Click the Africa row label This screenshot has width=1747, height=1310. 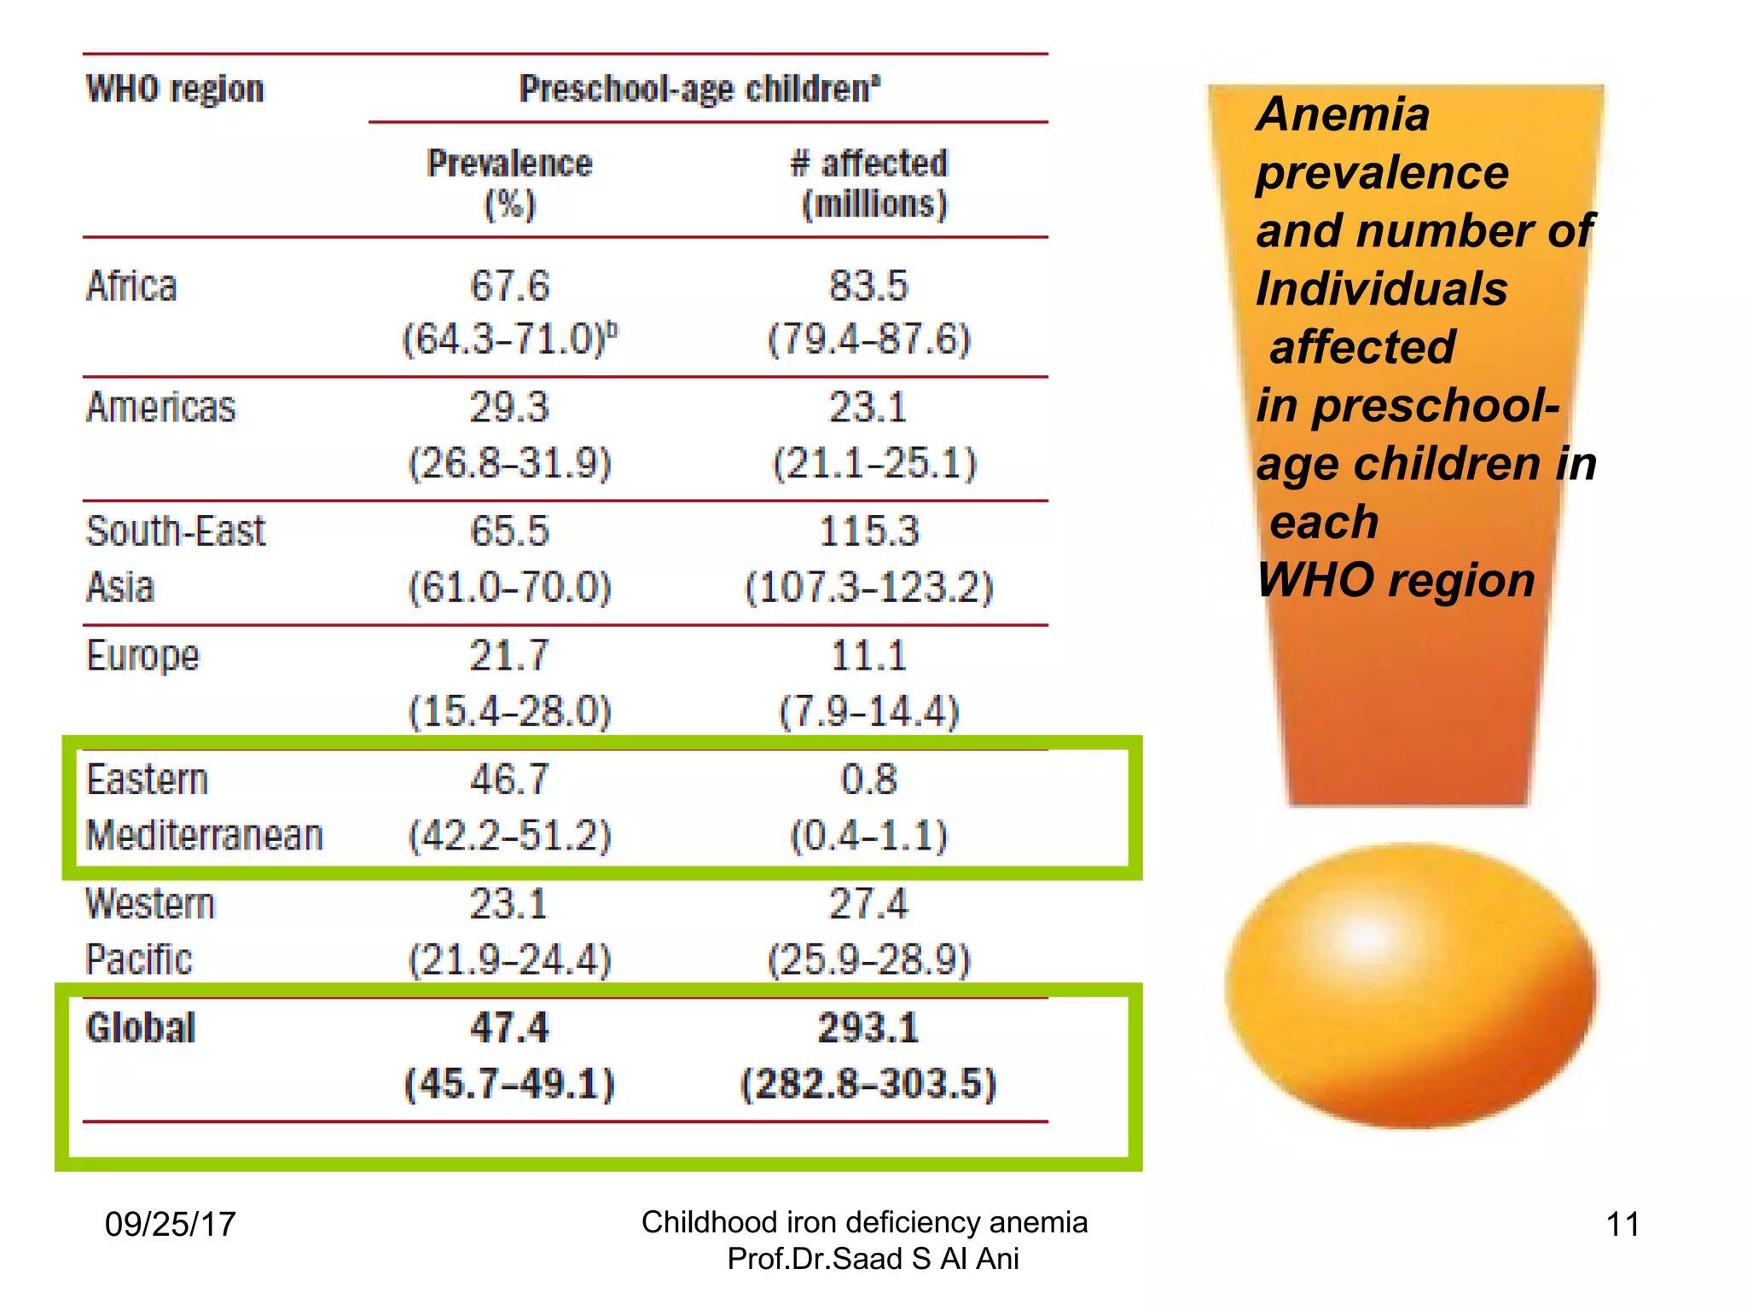coord(131,287)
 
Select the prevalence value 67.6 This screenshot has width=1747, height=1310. coord(509,287)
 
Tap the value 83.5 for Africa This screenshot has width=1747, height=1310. coord(868,287)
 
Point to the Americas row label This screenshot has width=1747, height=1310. coord(160,408)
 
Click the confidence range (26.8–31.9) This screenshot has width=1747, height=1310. coord(509,463)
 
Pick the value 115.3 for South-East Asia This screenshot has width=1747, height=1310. coord(868,531)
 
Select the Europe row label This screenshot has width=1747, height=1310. coord(142,656)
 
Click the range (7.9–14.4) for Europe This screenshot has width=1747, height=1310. coord(868,711)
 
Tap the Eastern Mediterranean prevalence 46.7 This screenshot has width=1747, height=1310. coord(509,780)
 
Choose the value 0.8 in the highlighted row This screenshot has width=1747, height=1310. coord(868,780)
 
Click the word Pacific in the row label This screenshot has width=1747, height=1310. coord(139,959)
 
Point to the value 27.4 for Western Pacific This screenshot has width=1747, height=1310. coord(868,904)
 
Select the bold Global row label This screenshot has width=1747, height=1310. coord(141,1028)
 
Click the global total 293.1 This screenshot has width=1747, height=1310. coord(868,1028)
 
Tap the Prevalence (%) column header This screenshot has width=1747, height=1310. coord(509,183)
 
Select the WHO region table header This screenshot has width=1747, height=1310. coord(175,89)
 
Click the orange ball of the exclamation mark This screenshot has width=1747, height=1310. coord(1409,985)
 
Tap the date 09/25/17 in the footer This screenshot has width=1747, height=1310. coord(170,1224)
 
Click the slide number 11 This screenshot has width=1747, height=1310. coord(1622,1224)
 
